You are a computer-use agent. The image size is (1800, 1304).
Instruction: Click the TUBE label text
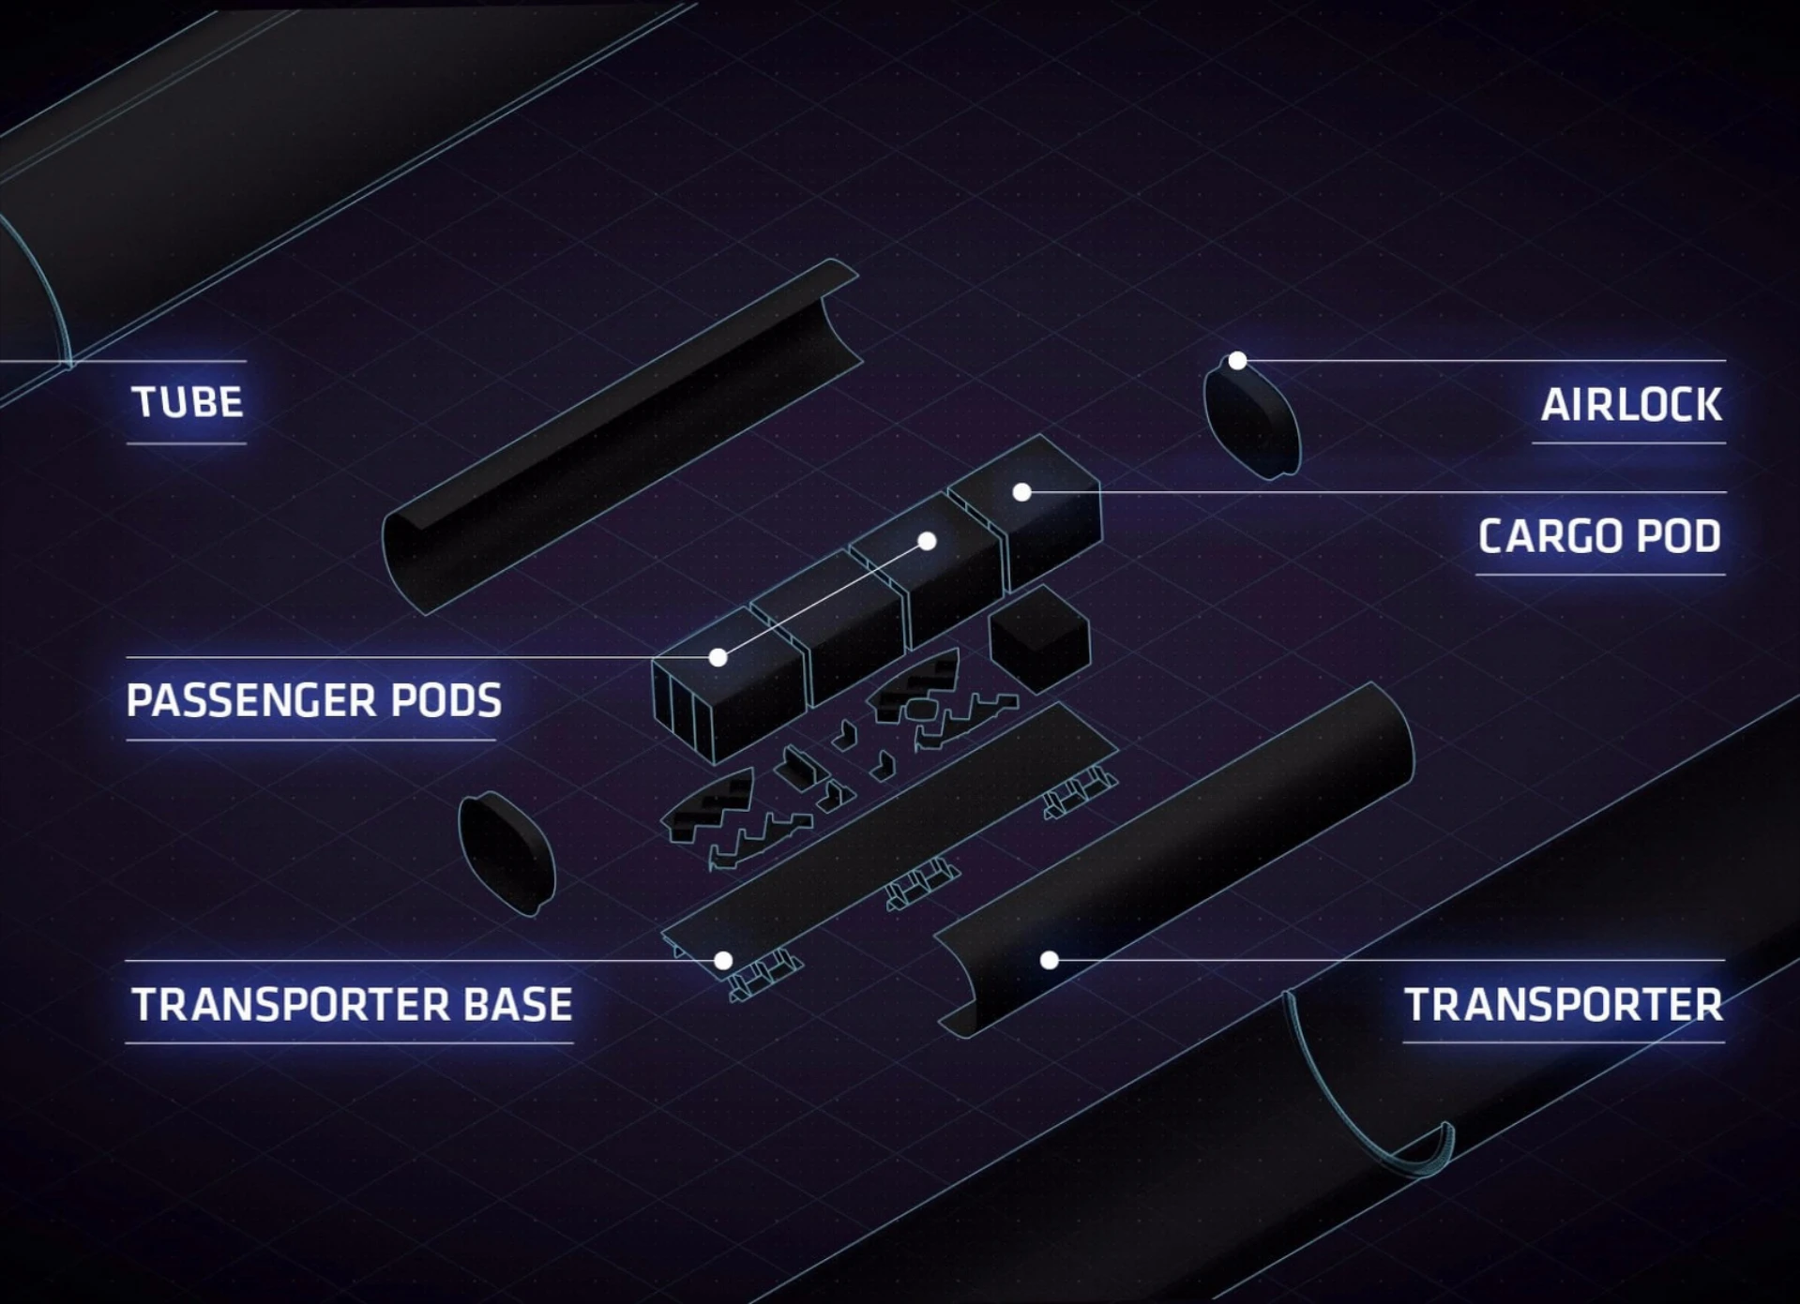(x=188, y=403)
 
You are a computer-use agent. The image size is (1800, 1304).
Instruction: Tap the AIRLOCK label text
(x=1630, y=405)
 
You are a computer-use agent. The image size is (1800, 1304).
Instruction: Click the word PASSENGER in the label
(x=250, y=700)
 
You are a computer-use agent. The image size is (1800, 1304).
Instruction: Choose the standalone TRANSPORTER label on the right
(x=1563, y=1005)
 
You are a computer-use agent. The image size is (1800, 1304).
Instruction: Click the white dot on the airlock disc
(x=1237, y=361)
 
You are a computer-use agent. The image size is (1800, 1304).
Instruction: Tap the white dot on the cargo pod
(x=1022, y=492)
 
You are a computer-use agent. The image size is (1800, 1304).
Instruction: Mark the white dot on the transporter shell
(x=1050, y=960)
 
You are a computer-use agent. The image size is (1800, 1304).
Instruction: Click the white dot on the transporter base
(x=723, y=960)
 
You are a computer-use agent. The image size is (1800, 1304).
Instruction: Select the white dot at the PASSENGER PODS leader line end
(x=718, y=657)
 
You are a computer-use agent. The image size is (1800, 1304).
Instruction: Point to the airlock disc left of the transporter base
(x=506, y=853)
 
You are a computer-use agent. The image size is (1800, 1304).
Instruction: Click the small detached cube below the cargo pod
(x=1039, y=639)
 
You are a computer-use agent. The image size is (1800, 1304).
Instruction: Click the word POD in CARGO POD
(x=1678, y=536)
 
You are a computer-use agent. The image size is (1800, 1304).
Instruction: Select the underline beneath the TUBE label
(x=187, y=443)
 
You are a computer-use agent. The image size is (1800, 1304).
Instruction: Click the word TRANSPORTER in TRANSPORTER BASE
(x=291, y=1005)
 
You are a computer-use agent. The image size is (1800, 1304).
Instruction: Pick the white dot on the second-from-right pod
(x=927, y=541)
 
